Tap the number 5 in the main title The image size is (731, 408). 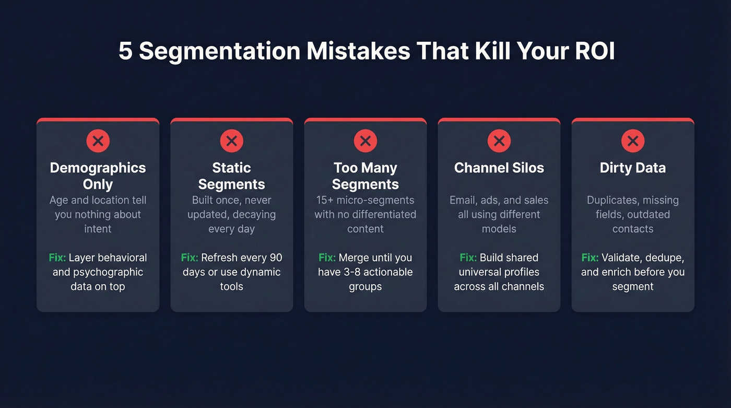click(x=125, y=51)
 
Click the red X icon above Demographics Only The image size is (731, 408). click(x=98, y=141)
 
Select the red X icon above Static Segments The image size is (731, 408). click(x=231, y=141)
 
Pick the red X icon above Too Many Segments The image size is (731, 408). click(x=365, y=141)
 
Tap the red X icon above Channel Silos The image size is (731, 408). click(x=499, y=141)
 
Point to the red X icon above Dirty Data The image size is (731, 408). click(x=632, y=141)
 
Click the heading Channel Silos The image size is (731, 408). click(x=499, y=168)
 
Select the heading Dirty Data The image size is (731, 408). click(x=632, y=168)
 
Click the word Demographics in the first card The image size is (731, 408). click(x=98, y=168)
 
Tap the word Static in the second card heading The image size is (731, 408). click(x=231, y=168)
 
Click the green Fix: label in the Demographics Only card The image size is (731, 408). click(x=57, y=258)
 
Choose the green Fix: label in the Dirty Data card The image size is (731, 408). click(x=590, y=258)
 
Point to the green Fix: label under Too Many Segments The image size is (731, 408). click(x=327, y=258)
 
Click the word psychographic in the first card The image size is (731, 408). click(x=98, y=272)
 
